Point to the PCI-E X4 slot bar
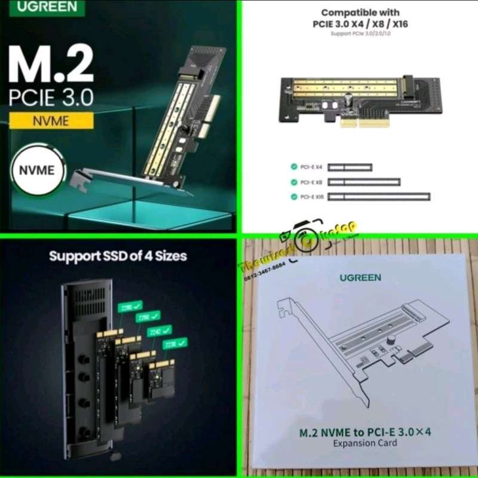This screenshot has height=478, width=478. [x=350, y=167]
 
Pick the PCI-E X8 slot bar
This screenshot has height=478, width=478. [x=364, y=182]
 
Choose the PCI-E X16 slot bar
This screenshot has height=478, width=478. [x=379, y=196]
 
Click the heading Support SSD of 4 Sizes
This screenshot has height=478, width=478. [x=118, y=256]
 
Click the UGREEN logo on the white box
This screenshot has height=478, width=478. [x=358, y=277]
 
